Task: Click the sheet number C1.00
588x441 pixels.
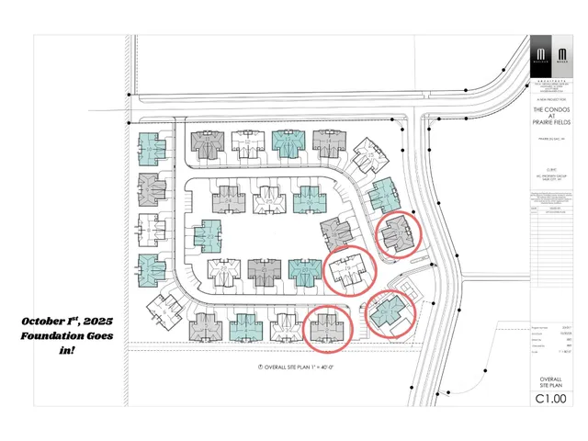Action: point(550,399)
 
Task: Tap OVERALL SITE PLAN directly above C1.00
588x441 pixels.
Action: point(549,380)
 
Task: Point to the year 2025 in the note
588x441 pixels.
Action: point(96,322)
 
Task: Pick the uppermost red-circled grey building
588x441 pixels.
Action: point(400,232)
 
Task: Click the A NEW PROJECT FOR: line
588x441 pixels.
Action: point(550,101)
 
